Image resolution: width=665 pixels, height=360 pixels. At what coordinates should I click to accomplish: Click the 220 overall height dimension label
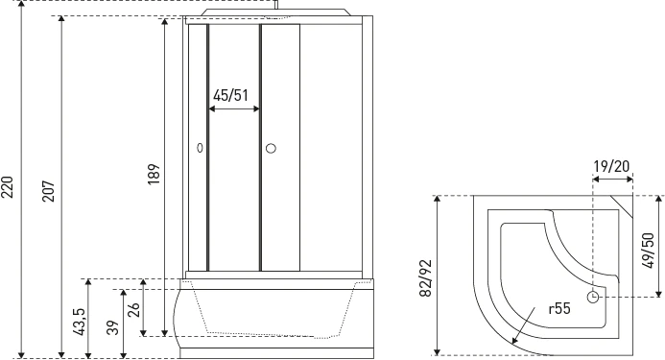pyautogui.click(x=8, y=187)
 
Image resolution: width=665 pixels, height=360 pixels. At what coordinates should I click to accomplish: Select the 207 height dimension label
pyautogui.click(x=48, y=191)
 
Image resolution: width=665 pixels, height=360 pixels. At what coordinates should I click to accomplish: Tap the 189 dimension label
pyautogui.click(x=154, y=174)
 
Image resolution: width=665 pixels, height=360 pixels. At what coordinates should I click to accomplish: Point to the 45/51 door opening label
pyautogui.click(x=230, y=95)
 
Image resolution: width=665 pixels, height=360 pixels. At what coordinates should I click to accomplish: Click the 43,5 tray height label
pyautogui.click(x=80, y=322)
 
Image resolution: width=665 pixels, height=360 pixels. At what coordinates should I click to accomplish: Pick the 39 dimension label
pyautogui.click(x=113, y=327)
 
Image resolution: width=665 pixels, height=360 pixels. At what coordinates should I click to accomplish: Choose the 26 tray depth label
pyautogui.click(x=133, y=309)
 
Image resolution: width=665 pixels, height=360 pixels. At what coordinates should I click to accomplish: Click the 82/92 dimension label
pyautogui.click(x=425, y=278)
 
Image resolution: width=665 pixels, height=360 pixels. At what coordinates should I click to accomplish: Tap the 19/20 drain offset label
pyautogui.click(x=611, y=166)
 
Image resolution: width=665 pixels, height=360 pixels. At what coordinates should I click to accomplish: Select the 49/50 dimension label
pyautogui.click(x=647, y=251)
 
